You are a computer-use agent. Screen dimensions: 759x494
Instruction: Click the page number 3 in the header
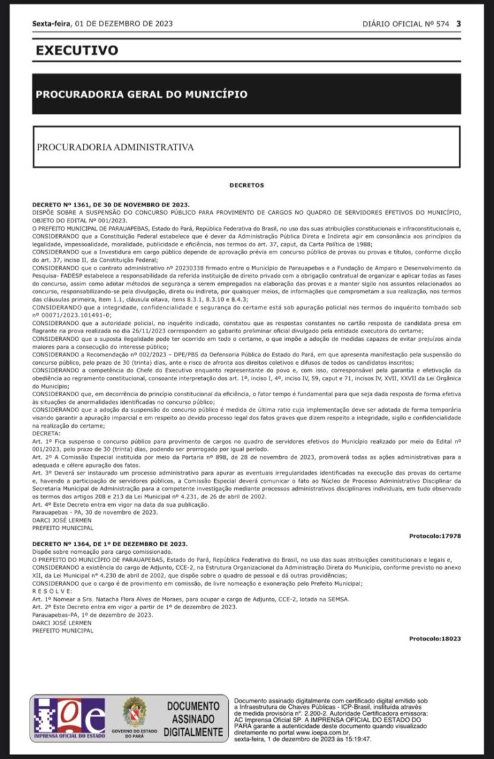[x=459, y=24]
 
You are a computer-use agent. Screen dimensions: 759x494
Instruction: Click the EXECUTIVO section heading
[x=77, y=50]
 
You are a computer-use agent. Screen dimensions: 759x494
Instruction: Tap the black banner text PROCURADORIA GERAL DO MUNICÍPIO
[x=142, y=94]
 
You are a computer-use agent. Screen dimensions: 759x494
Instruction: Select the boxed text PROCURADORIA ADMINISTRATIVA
[x=115, y=147]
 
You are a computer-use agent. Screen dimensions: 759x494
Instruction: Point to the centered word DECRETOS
[x=246, y=185]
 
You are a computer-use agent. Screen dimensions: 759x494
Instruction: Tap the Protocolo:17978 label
[x=435, y=536]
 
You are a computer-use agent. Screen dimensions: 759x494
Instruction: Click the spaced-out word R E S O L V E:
[x=53, y=590]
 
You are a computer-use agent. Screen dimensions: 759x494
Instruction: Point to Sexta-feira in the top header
[x=52, y=24]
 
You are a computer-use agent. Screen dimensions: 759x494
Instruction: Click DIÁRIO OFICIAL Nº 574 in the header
[x=406, y=24]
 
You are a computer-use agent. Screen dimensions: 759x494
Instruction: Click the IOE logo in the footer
[x=69, y=717]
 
